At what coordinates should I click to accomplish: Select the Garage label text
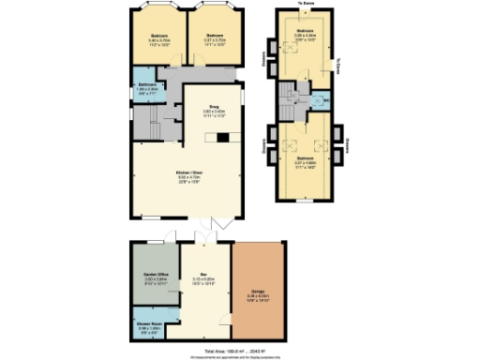point(258,292)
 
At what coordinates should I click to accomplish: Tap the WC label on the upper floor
point(325,102)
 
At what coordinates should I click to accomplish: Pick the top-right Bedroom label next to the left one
point(215,37)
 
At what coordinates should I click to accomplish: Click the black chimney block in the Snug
point(223,138)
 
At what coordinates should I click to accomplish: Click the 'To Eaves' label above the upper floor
point(305,4)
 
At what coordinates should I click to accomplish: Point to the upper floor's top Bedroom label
point(305,32)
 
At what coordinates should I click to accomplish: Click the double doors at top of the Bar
point(203,235)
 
